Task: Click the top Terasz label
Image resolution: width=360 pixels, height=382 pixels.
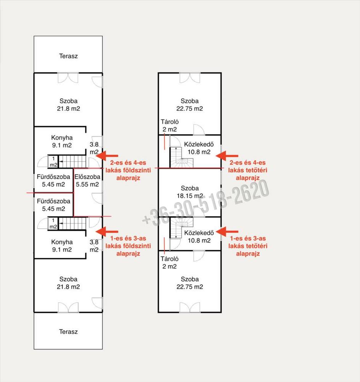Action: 68,56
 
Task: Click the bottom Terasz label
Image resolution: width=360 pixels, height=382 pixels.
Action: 68,332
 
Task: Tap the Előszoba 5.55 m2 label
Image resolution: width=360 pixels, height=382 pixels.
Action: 87,181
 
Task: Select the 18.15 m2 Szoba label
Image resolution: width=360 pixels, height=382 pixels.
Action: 190,192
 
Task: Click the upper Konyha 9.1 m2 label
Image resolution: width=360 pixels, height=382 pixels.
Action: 62,142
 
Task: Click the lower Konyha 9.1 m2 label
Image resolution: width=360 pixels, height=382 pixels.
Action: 62,246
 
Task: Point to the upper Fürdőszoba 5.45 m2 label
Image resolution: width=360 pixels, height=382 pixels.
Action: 53,181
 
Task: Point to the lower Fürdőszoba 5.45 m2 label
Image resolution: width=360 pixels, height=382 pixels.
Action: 53,205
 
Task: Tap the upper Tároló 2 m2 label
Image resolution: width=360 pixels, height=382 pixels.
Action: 170,125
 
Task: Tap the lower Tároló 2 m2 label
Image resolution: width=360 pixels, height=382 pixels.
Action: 170,263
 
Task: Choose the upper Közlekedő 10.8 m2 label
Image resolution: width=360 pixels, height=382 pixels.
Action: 199,148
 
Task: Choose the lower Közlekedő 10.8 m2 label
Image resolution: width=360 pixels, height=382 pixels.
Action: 199,236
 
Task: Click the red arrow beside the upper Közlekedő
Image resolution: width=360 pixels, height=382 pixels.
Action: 227,156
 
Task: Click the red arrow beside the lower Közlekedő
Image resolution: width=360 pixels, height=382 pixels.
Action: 227,232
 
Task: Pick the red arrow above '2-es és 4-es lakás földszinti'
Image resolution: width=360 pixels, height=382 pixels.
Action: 107,156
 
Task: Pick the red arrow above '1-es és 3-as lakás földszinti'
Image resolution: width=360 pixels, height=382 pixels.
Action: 107,232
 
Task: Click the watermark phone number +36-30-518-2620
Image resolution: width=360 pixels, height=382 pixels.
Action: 206,202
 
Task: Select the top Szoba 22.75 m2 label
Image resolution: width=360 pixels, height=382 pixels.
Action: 190,105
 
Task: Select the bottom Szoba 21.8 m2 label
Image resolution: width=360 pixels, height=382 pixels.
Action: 68,283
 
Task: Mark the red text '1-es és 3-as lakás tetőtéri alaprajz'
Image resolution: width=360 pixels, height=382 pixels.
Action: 248,246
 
